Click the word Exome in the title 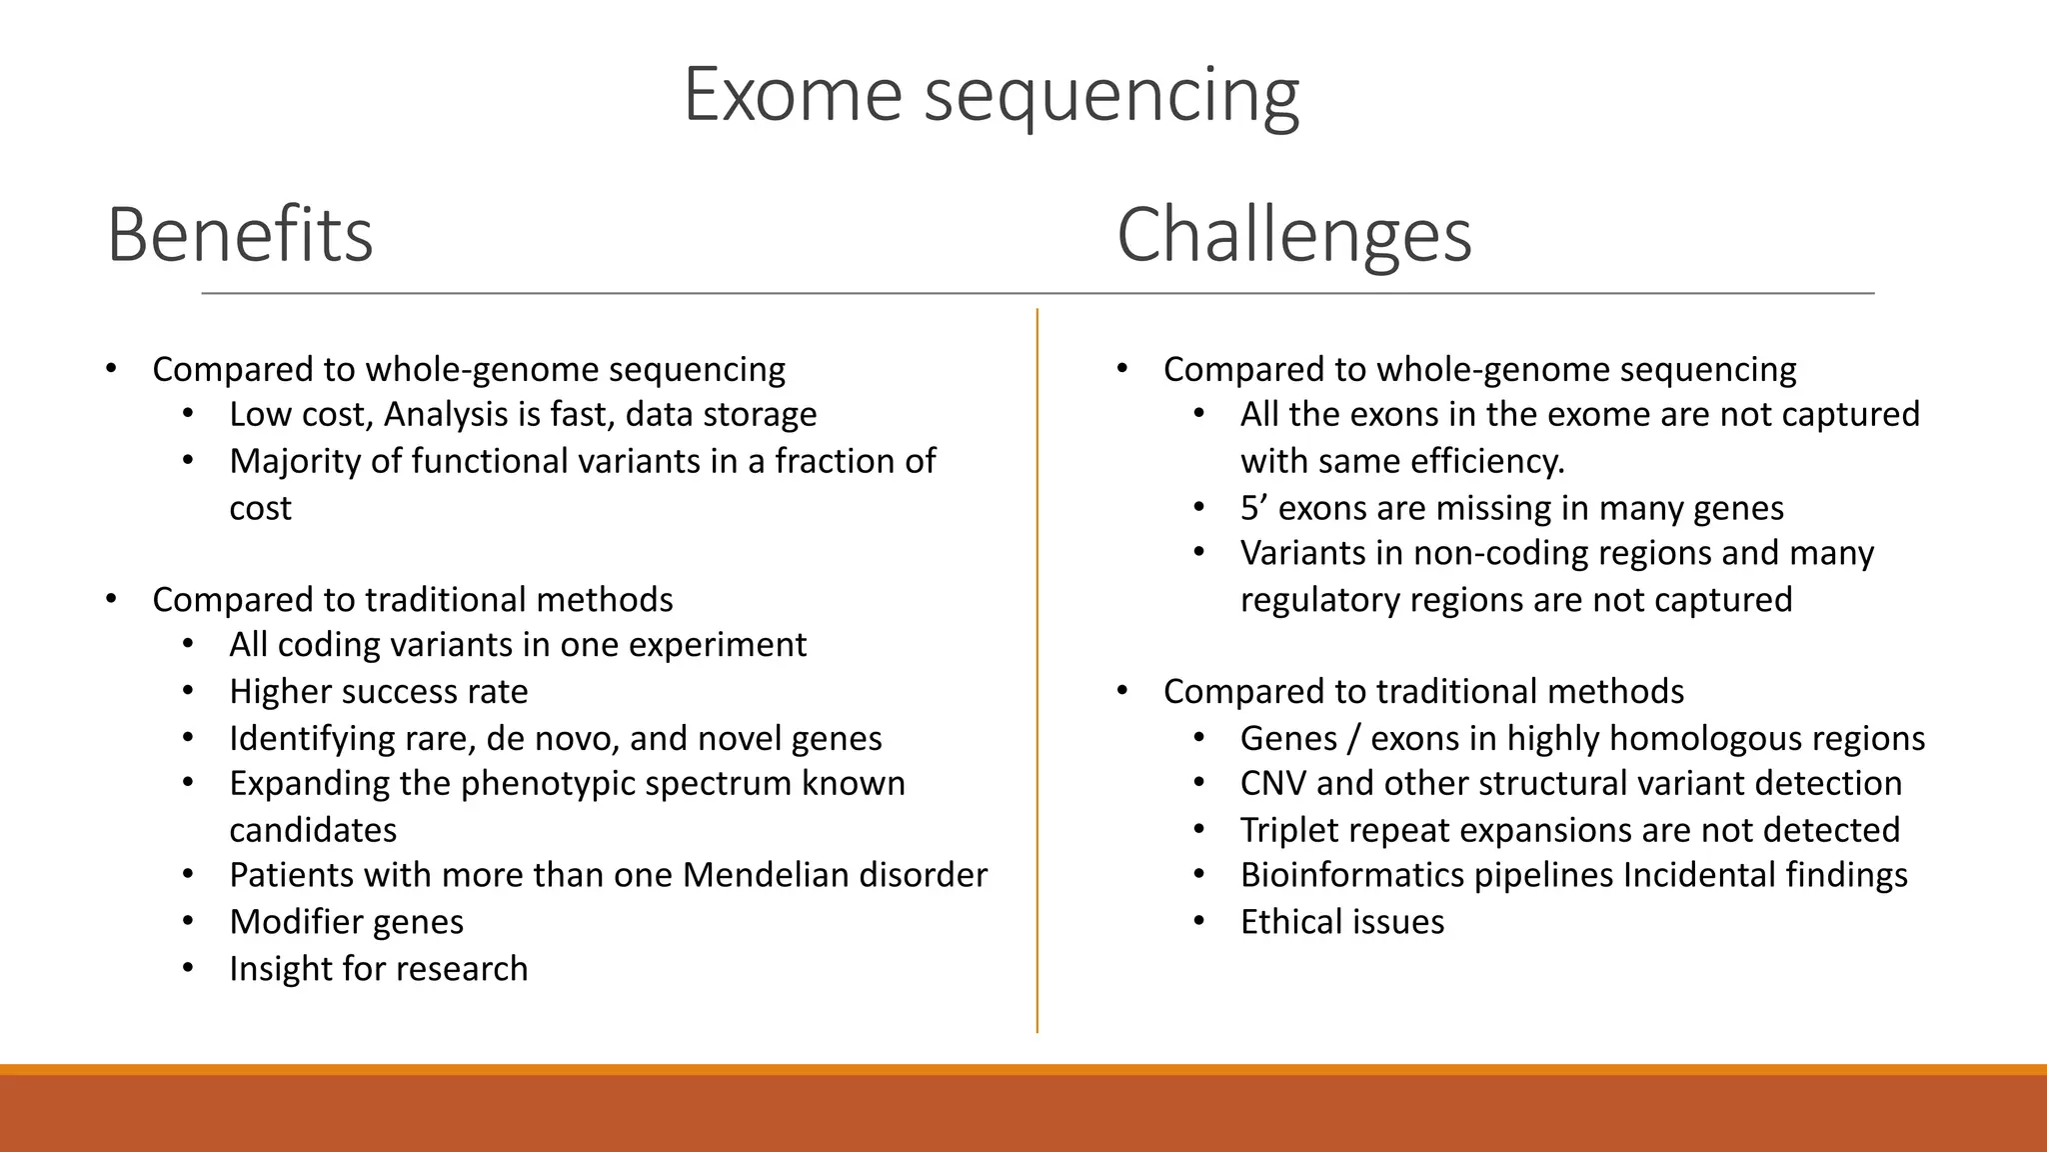tap(793, 95)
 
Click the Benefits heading tap(240, 236)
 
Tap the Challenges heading tap(1293, 236)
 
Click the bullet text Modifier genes tap(346, 922)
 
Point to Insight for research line tap(378, 969)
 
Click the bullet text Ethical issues tap(1341, 922)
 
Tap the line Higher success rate tap(378, 692)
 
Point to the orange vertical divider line tap(1036, 670)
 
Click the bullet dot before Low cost tap(188, 414)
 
